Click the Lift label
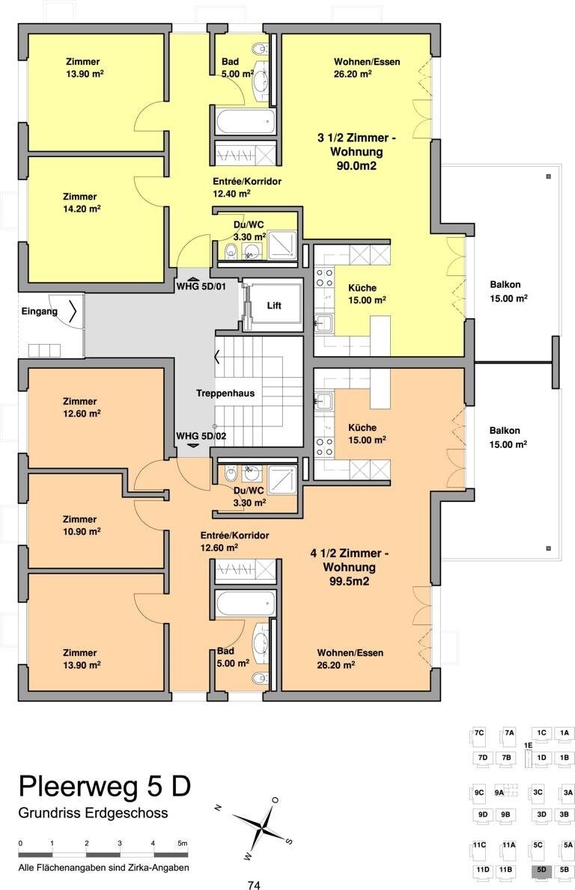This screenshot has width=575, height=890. [274, 305]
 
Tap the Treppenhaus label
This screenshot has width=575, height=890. [225, 393]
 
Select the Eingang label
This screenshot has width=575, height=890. [39, 311]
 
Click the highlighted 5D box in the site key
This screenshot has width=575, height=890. [541, 870]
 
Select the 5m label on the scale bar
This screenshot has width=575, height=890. [182, 844]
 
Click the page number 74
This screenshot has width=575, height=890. [254, 885]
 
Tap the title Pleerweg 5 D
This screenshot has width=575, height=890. [105, 787]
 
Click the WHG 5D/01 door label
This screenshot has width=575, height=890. [200, 286]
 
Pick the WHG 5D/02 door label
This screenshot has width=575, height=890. [201, 436]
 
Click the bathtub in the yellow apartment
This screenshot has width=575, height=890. [246, 121]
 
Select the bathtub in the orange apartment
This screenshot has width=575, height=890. [246, 603]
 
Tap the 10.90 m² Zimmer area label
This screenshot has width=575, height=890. [82, 531]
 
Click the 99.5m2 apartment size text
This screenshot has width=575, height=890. [350, 581]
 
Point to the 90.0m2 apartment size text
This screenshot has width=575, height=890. [356, 166]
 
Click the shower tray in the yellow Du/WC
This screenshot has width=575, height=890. [282, 245]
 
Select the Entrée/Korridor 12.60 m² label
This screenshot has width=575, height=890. [234, 541]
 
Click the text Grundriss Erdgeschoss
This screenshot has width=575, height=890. [93, 813]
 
